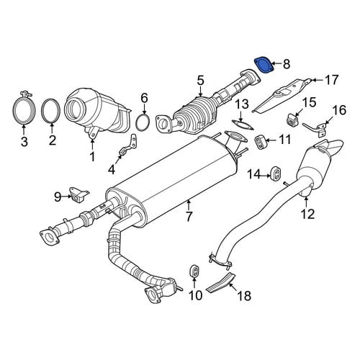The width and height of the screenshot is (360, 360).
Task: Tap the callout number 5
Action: (201, 80)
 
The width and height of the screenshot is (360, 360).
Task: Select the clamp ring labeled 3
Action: (24, 111)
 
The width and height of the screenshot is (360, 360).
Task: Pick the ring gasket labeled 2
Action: (51, 111)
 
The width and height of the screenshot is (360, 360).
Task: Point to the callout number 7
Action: (189, 217)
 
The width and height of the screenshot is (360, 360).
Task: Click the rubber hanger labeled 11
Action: (259, 142)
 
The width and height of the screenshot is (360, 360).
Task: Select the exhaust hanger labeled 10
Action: (194, 272)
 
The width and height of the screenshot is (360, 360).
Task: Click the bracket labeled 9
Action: (78, 195)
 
